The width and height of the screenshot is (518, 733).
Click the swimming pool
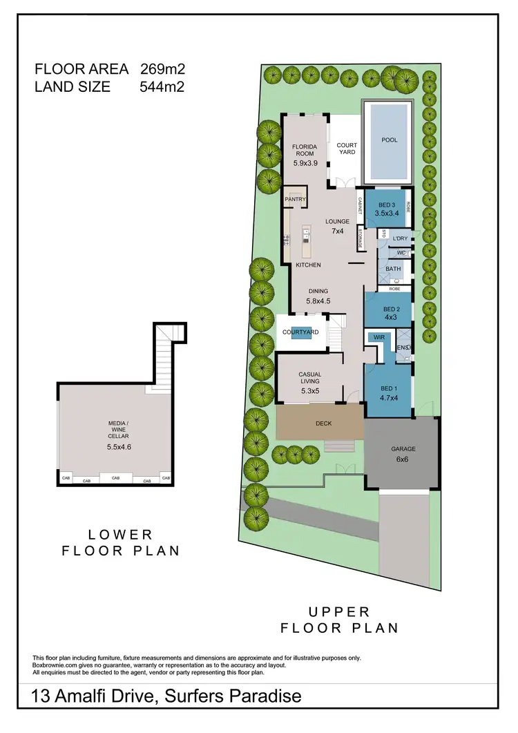[x=389, y=142]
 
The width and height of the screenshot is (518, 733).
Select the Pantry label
[x=294, y=200]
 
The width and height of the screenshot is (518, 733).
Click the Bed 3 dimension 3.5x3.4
[x=387, y=214]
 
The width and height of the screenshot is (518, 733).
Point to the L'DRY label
[x=400, y=238]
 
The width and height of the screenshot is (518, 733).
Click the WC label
[x=401, y=252]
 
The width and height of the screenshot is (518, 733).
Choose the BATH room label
[x=393, y=269]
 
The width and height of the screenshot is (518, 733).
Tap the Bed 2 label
[x=392, y=309]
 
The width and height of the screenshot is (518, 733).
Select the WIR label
[x=378, y=337]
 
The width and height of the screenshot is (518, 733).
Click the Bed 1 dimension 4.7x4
[x=390, y=398]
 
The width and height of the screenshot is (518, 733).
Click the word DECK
[x=324, y=423]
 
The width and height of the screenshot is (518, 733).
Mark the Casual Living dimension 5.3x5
[x=310, y=391]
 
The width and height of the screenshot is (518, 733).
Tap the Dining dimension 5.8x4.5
[x=318, y=301]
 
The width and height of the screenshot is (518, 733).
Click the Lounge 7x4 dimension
[x=338, y=231]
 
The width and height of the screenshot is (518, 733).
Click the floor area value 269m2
[x=162, y=69]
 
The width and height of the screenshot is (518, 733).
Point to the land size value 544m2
[x=162, y=87]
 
